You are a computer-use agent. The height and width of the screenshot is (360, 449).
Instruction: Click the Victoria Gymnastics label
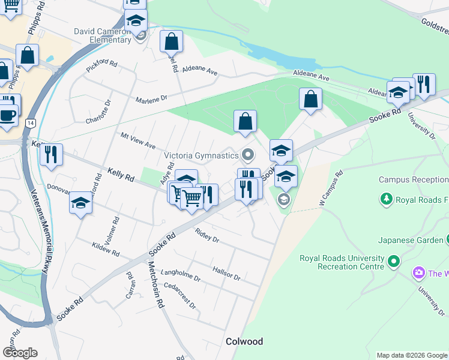[201, 156]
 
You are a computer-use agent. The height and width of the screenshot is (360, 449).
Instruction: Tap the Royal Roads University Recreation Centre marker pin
[394, 262]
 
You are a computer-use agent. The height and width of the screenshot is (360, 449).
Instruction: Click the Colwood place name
[244, 341]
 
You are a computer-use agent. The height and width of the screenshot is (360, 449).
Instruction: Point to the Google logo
[20, 353]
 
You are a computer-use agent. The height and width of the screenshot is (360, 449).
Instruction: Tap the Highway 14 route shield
[29, 123]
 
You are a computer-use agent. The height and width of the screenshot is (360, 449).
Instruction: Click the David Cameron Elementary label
[103, 35]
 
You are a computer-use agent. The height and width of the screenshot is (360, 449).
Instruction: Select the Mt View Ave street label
[138, 142]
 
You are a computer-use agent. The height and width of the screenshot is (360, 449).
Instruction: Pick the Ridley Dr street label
[207, 235]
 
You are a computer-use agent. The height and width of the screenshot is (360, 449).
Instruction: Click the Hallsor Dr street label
[226, 273]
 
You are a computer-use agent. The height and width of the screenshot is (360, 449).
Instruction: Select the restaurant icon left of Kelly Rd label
[51, 154]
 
